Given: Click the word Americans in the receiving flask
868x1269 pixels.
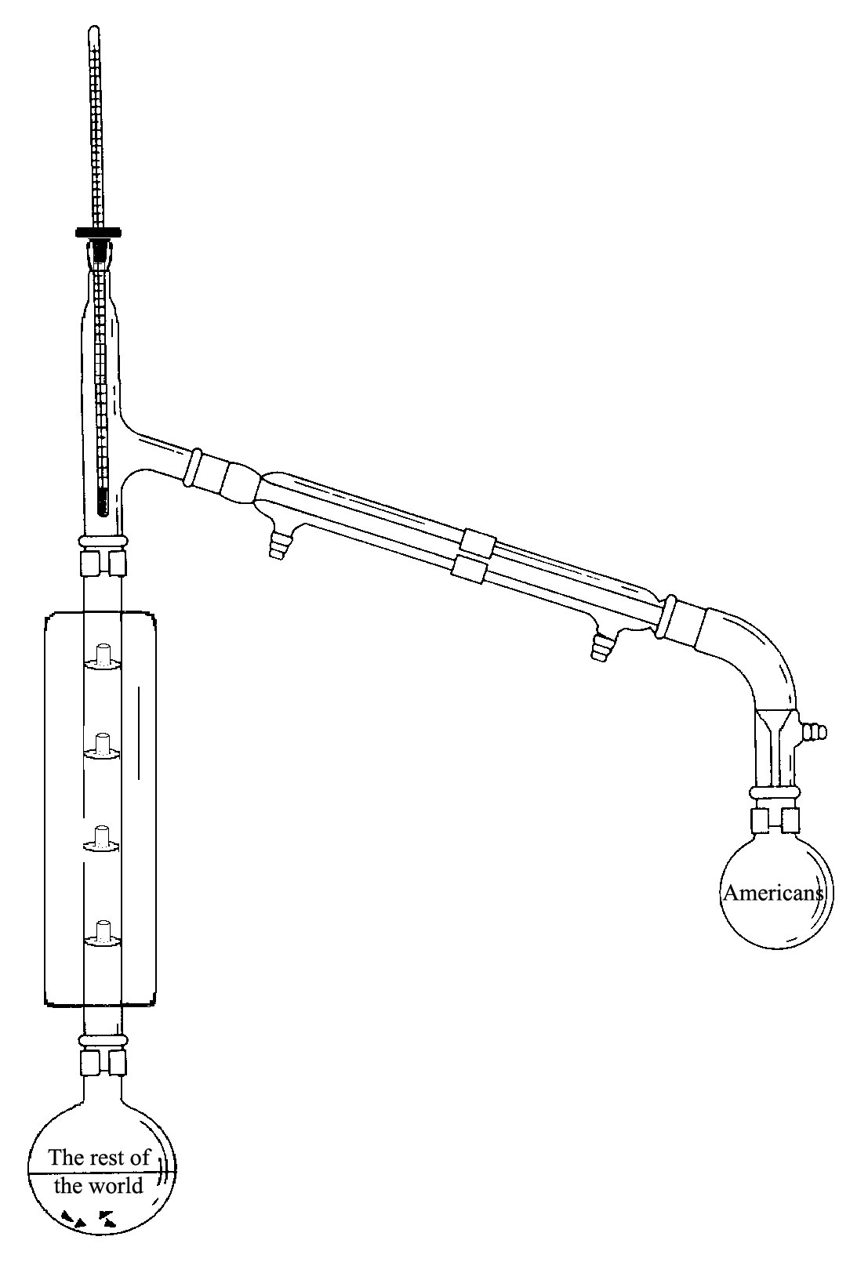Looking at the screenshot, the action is point(773,894).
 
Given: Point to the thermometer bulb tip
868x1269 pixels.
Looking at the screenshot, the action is point(103,513).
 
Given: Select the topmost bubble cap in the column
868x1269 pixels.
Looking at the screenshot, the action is point(102,656).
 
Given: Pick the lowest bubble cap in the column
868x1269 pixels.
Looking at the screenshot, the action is point(102,935).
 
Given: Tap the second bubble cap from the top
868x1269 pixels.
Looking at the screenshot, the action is point(102,747).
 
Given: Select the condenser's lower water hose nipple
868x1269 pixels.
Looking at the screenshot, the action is point(601,647).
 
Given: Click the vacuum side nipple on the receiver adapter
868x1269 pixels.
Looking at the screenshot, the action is point(814,731).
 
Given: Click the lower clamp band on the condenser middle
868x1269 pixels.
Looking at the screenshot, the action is point(469,571).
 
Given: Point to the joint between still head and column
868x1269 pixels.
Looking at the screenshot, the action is point(102,557).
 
